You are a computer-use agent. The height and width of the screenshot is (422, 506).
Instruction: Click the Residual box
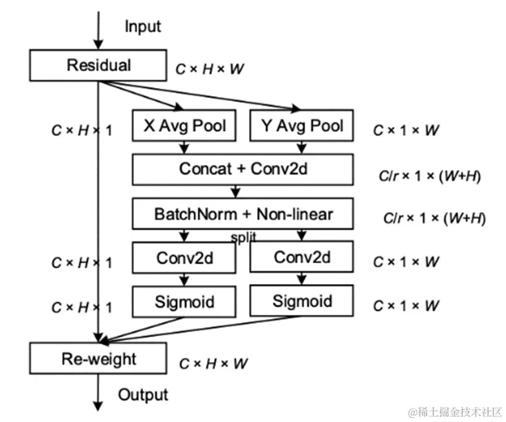[98, 65]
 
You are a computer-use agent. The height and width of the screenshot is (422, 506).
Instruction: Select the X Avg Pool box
[184, 126]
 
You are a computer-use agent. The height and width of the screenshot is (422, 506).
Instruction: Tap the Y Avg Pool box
[302, 126]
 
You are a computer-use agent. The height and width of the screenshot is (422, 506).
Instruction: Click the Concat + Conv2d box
[243, 169]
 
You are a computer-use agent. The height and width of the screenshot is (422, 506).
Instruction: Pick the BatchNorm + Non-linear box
[243, 214]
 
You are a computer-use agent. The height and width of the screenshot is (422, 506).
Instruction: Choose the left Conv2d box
[184, 257]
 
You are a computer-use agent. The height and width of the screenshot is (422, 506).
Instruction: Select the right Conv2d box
[302, 257]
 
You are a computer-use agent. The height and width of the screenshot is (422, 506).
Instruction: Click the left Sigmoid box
[184, 302]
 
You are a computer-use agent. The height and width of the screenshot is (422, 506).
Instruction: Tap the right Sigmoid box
[302, 302]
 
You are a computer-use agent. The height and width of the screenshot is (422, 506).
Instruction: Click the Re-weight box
[98, 359]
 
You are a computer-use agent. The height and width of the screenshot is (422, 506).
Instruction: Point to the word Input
[143, 26]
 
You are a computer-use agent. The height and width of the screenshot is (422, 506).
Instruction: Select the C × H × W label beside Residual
[210, 69]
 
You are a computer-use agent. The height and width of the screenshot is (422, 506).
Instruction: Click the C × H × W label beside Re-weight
[213, 363]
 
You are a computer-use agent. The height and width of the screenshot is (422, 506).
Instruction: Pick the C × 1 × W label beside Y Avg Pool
[406, 130]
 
